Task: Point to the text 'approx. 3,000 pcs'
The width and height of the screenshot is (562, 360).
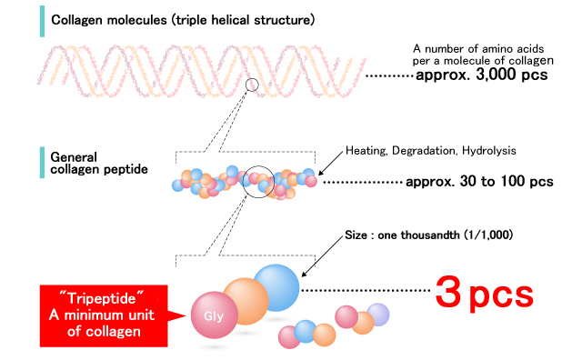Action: (x=481, y=75)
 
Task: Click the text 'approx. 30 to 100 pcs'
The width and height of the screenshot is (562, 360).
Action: (x=480, y=182)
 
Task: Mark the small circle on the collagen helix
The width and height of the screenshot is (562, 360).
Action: (x=252, y=85)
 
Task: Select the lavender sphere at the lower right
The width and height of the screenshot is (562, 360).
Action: (x=376, y=315)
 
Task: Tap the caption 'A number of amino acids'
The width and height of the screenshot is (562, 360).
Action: (x=479, y=48)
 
